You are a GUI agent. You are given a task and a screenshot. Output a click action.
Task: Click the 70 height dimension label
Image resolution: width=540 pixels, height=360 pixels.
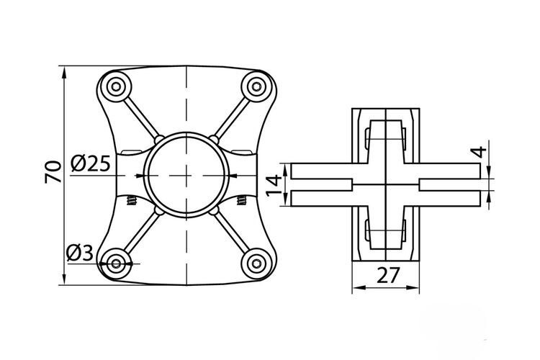tap(53, 171)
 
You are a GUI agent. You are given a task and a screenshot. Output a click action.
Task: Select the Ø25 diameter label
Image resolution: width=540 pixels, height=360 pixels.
tap(91, 163)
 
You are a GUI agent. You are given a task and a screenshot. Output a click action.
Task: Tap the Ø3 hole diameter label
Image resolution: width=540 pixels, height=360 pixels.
tap(80, 253)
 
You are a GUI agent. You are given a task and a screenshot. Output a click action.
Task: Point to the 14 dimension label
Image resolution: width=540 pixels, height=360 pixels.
tap(274, 185)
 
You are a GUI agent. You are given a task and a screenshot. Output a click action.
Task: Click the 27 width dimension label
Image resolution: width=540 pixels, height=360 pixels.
tap(388, 275)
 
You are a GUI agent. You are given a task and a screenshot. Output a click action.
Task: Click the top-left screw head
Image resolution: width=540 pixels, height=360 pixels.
tap(116, 86)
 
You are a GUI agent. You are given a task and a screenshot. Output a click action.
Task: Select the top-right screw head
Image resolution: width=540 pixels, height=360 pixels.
tap(256, 86)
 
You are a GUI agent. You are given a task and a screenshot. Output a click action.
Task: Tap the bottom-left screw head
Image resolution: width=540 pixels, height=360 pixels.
tap(116, 264)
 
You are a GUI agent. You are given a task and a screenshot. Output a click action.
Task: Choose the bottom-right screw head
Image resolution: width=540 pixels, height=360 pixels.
tap(256, 264)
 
